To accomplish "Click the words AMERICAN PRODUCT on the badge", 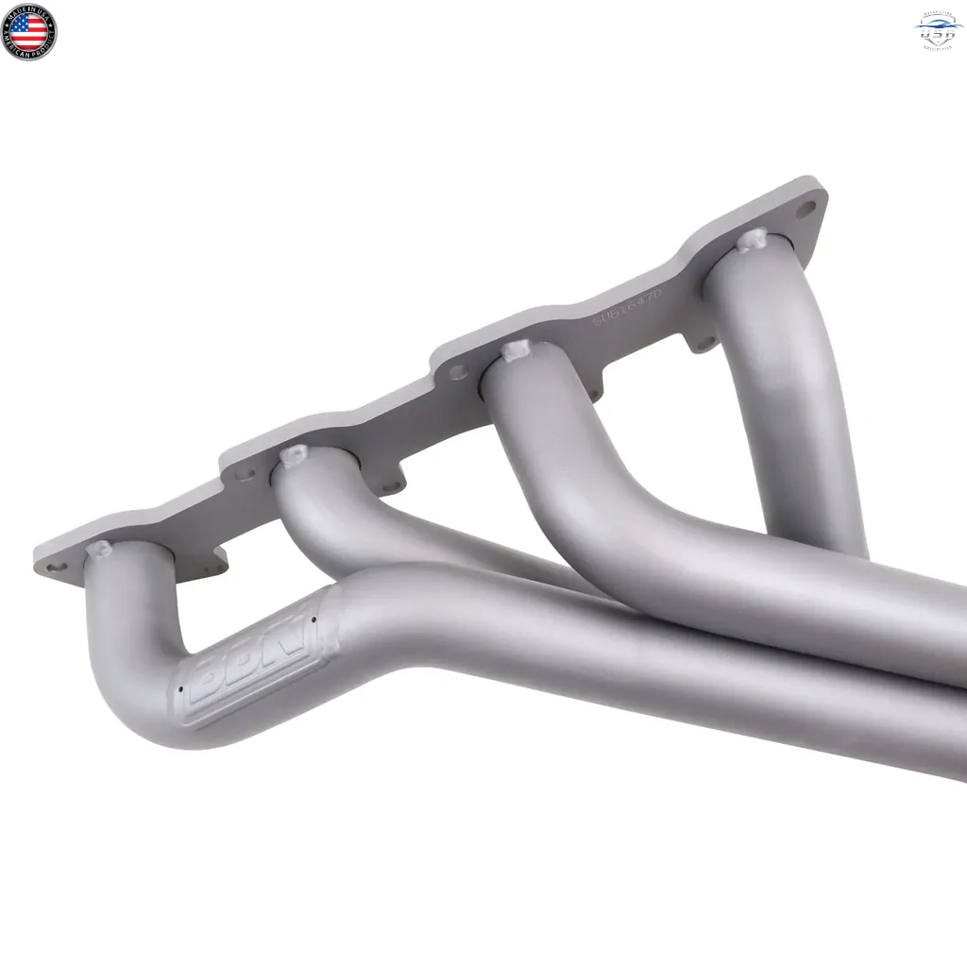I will pos(28,53).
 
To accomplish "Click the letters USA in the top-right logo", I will pos(939,34).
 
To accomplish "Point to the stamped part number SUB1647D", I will pos(628,308).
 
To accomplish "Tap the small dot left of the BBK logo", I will pos(178,689).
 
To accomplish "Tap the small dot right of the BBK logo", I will pos(314,620).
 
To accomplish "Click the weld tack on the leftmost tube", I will pos(98,549).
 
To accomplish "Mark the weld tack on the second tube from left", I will pos(294,454).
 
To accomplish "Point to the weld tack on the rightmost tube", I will pos(753,239).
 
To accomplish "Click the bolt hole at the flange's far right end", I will pos(806,210).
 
